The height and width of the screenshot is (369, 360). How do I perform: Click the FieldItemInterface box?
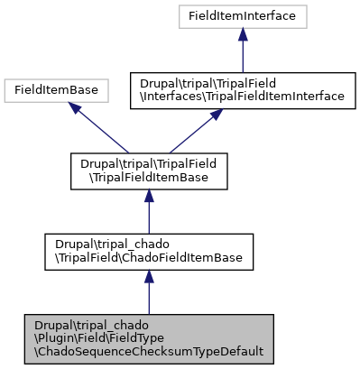[x=243, y=16]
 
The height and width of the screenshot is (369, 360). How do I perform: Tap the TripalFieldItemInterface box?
[x=243, y=89]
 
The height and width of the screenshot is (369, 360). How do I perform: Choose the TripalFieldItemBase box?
[x=148, y=171]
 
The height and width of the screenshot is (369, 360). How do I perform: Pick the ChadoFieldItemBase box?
[x=148, y=252]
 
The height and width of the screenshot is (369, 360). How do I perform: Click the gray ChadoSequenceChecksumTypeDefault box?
[x=148, y=339]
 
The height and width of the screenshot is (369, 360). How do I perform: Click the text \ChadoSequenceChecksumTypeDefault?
[x=148, y=352]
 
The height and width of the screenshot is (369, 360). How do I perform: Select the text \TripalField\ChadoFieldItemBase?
[x=148, y=258]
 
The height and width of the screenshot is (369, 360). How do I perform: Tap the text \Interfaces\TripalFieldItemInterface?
[x=243, y=96]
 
